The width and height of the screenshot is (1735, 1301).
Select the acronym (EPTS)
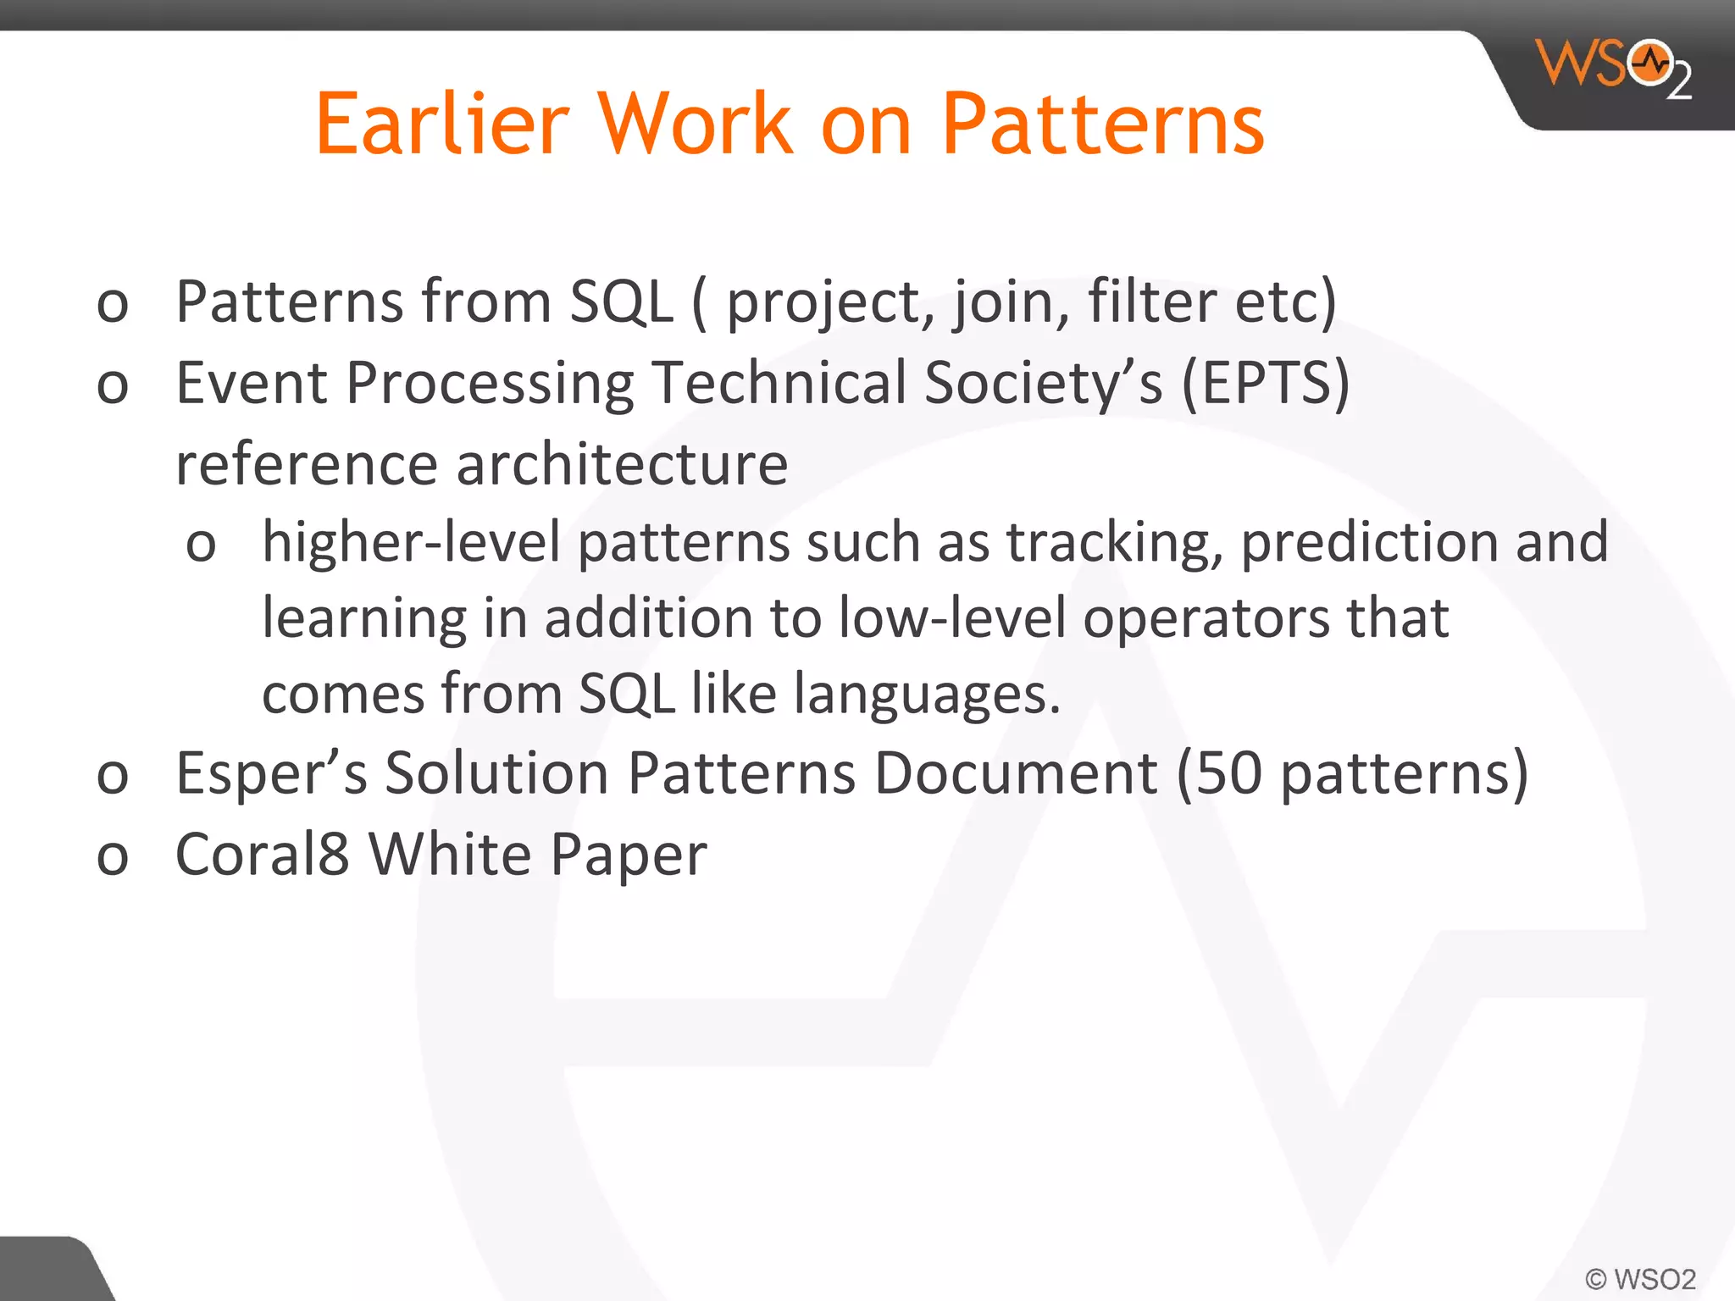[x=1265, y=383]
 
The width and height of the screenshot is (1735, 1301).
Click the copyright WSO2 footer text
[x=1640, y=1278]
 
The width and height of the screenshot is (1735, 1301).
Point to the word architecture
[x=622, y=464]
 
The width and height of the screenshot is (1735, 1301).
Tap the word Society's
[x=1044, y=383]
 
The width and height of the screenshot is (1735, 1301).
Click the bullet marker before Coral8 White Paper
[x=113, y=858]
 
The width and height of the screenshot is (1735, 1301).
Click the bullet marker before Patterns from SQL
[x=113, y=306]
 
